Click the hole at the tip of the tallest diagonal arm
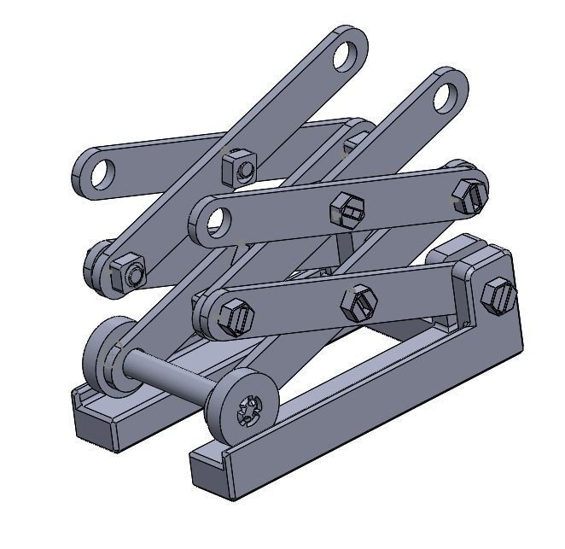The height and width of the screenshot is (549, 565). (x=346, y=54)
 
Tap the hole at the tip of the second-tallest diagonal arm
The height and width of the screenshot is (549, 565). (x=445, y=96)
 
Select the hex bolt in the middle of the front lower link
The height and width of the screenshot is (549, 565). (x=358, y=302)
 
